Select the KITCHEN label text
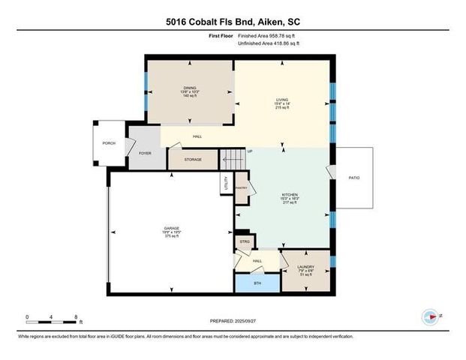pos(290,194)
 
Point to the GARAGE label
pos(172,227)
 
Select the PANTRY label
pos(242,189)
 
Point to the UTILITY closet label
pos(225,182)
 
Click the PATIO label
pos(353,178)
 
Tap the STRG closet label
pos(245,241)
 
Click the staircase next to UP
pos(232,160)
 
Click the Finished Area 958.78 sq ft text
pos(268,35)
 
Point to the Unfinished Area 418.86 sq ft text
pos(268,43)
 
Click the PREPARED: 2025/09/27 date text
pos(233,320)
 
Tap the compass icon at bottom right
pos(430,316)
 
